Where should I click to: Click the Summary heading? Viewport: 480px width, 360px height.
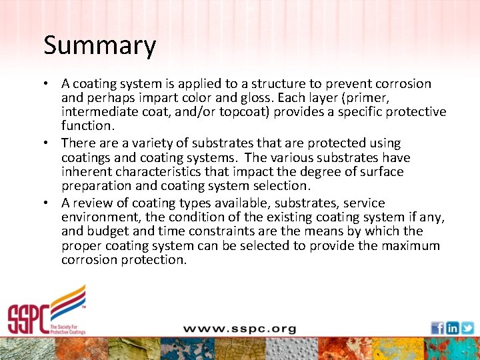(99, 46)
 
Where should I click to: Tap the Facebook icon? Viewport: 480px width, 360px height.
(437, 327)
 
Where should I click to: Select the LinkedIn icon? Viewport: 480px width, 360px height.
(453, 327)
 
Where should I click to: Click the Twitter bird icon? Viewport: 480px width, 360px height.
(467, 327)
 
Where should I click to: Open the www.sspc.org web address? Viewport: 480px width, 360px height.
(239, 329)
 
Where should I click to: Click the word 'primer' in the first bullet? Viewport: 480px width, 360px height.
(360, 98)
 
